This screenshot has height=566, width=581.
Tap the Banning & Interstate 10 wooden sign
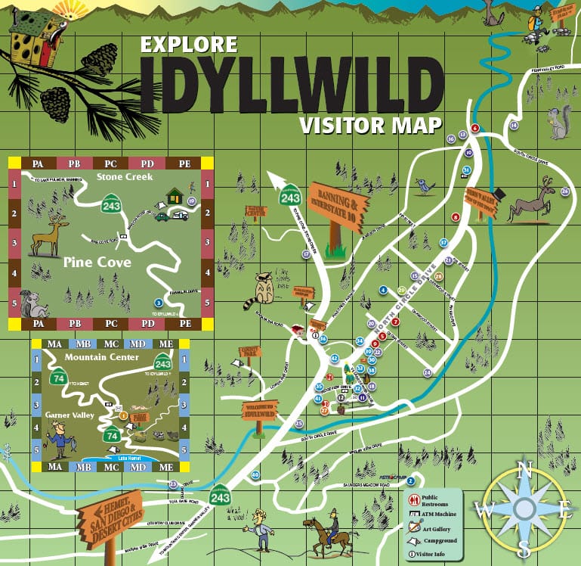(x=337, y=203)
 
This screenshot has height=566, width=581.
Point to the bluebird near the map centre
(x=427, y=184)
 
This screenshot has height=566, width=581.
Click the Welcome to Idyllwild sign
(x=260, y=409)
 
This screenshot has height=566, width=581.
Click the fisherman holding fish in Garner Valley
(x=56, y=439)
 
